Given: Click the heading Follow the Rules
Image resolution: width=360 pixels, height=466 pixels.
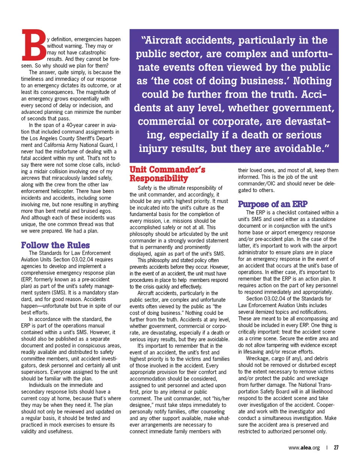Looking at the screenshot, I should point(55,245).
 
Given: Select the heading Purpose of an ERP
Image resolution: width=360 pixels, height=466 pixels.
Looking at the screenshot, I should point(273,204).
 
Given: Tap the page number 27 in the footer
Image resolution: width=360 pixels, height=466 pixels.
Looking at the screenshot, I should point(336,448).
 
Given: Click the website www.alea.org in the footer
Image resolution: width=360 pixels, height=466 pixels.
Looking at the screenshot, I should point(304,448).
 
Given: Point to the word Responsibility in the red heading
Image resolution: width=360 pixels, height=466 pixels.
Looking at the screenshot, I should point(159,179).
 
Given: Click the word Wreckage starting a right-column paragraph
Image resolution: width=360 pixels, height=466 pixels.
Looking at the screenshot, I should point(258,358).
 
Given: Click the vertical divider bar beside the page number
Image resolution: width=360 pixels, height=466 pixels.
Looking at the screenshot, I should point(327,448).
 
